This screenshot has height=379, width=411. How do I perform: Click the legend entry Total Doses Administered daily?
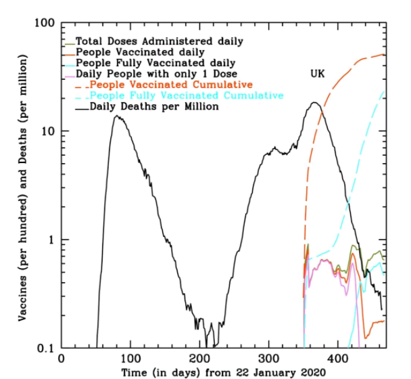tap(160, 41)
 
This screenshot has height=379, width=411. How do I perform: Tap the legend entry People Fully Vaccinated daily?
tap(155, 63)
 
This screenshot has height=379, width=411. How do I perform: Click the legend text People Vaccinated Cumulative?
tap(171, 85)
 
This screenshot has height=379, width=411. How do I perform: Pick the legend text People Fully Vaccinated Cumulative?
tap(187, 95)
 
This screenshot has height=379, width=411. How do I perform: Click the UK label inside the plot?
tap(318, 73)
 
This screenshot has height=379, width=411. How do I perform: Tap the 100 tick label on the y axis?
tap(44, 23)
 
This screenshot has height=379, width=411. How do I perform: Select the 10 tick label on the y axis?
tap(47, 131)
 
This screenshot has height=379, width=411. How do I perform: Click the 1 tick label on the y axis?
tap(50, 240)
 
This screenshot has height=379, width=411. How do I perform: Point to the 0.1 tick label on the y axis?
tap(45, 348)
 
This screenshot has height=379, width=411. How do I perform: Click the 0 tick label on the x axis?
tap(62, 359)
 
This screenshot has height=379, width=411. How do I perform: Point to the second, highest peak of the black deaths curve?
tap(315, 103)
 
